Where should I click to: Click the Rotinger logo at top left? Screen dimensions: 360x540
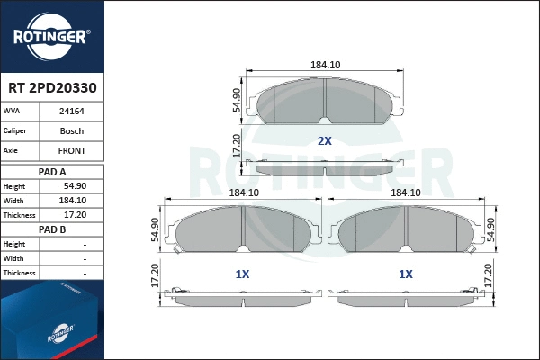(50, 36)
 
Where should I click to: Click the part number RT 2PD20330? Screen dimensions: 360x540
(51, 89)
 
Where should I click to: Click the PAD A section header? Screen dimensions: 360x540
(51, 171)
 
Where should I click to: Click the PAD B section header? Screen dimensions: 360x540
(51, 229)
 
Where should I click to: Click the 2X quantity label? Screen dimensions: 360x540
(325, 141)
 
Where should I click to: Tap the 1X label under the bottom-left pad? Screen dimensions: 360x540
(241, 274)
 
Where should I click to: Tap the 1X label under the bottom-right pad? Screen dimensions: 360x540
(406, 274)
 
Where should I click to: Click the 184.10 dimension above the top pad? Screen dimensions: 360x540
(325, 65)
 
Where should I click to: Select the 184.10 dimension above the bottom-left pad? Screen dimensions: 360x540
(243, 193)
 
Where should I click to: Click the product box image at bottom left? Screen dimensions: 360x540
(51, 319)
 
